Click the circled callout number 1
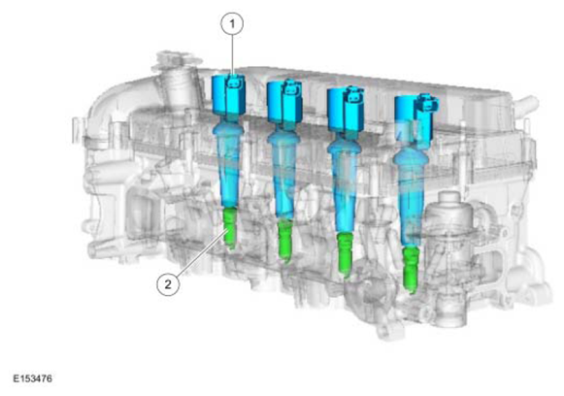(x=232, y=23)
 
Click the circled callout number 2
(x=168, y=284)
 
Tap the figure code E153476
(x=32, y=379)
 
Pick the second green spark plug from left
(x=285, y=241)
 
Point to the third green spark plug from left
(x=345, y=254)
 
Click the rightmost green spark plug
(x=411, y=269)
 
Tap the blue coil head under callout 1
(x=228, y=95)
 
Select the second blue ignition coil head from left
(x=284, y=102)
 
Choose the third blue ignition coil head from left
(x=346, y=109)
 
